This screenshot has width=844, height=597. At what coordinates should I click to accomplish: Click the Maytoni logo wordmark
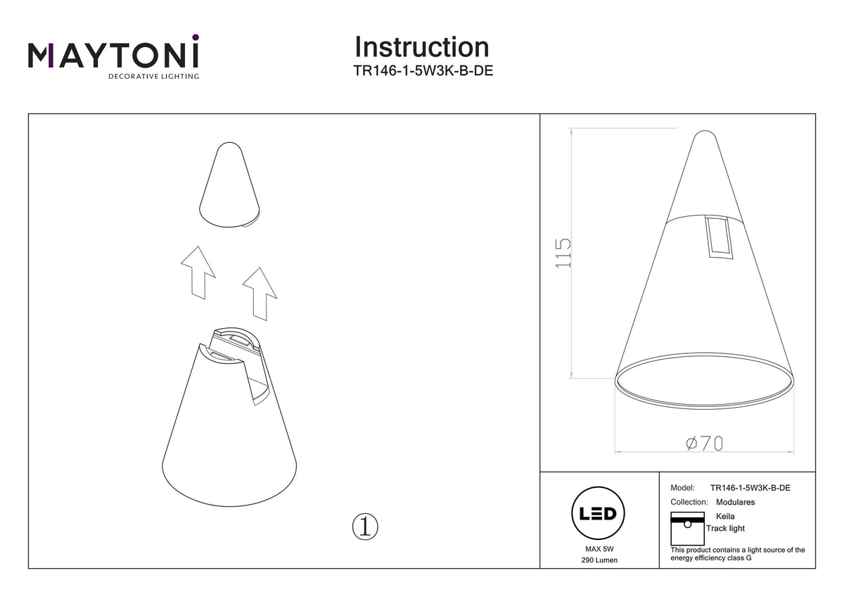coord(113,56)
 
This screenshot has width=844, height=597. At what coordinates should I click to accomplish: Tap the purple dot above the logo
coord(196,37)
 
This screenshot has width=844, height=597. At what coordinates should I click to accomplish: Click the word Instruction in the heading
coord(422,47)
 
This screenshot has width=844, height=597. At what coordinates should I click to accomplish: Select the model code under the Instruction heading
coord(423,70)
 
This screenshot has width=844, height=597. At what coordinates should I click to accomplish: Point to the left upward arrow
coord(198,272)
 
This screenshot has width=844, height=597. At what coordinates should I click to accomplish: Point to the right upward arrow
coord(260,294)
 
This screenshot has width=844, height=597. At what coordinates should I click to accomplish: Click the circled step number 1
coord(365,527)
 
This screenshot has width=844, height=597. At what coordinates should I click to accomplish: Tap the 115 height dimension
coord(563,253)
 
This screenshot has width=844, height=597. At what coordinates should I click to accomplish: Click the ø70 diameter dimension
coord(704,443)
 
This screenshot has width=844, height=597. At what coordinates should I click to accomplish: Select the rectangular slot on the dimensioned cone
coord(720,237)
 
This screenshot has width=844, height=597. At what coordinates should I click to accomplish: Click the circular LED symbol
coord(598,513)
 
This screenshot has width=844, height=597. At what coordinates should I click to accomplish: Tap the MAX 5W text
coord(599,548)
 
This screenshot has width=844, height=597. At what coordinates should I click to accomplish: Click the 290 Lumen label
coord(599,560)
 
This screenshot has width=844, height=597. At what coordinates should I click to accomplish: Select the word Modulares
coord(735,502)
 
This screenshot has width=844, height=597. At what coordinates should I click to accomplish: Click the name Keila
coord(725,516)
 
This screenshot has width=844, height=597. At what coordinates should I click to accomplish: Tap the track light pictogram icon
coord(688,529)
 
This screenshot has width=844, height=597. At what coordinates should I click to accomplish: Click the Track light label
coord(725,529)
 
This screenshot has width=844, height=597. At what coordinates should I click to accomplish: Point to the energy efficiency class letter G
coord(748,558)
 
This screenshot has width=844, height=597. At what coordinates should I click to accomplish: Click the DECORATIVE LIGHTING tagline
coord(154,76)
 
